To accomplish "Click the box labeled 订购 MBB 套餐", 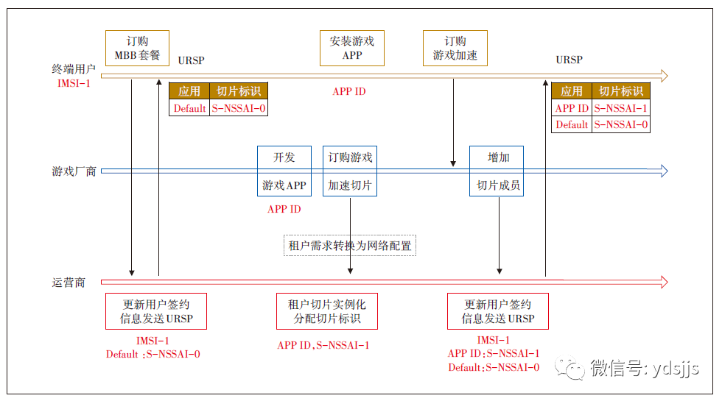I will pyautogui.click(x=137, y=48).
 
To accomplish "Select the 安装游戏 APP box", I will pyautogui.click(x=352, y=48).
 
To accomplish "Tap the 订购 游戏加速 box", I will pyautogui.click(x=455, y=48).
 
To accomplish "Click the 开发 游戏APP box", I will pyautogui.click(x=284, y=171).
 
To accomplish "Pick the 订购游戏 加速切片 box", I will pyautogui.click(x=350, y=171).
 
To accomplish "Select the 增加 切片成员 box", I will pyautogui.click(x=498, y=171).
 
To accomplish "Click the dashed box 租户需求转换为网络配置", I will pyautogui.click(x=350, y=245).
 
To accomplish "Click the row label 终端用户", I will pyautogui.click(x=74, y=69).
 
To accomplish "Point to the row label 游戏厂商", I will pyautogui.click(x=74, y=171).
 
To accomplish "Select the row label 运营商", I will pyautogui.click(x=69, y=283).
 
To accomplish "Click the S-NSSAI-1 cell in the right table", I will pyautogui.click(x=621, y=108).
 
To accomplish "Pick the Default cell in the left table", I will pyautogui.click(x=189, y=108).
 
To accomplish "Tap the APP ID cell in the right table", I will pyautogui.click(x=572, y=108).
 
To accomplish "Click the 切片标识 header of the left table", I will pyautogui.click(x=238, y=91).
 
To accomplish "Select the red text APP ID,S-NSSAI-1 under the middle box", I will pyautogui.click(x=323, y=345).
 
